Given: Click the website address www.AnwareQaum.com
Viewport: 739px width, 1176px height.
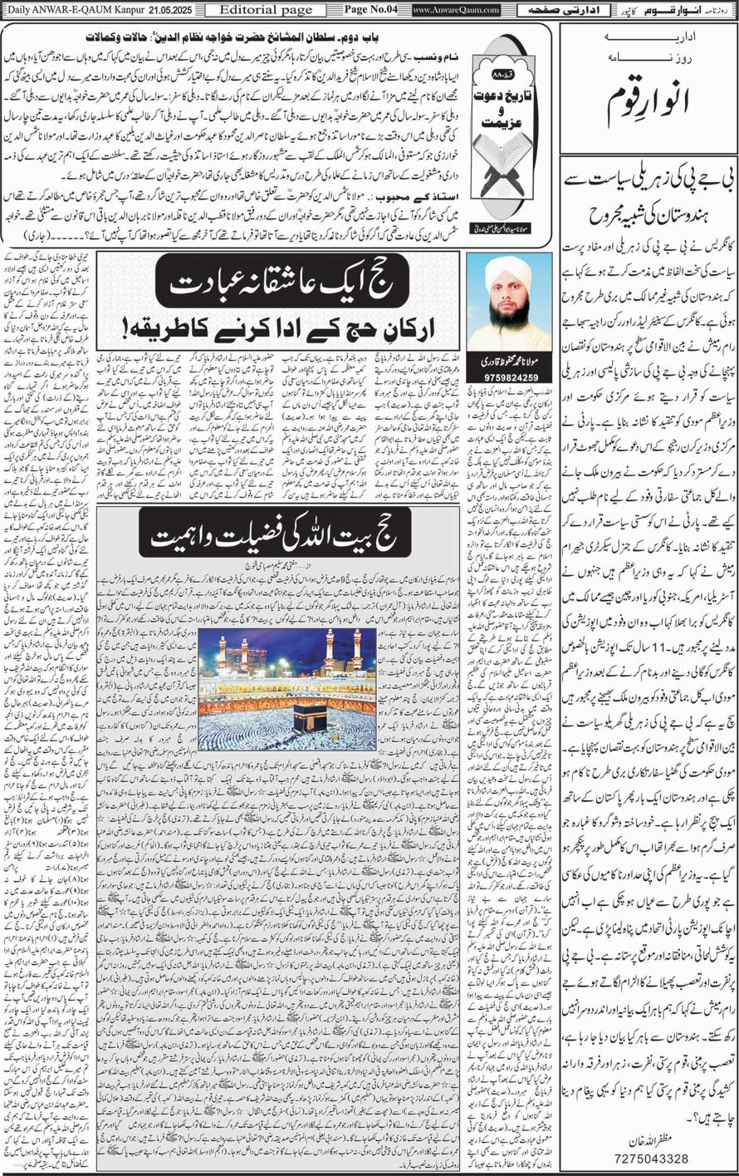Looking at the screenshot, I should click(x=456, y=10).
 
